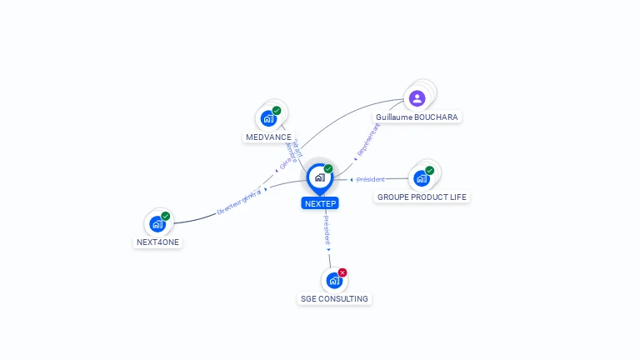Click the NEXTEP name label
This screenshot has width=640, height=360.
click(x=320, y=203)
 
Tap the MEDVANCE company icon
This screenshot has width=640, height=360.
click(x=268, y=118)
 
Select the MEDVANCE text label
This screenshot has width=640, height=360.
click(x=268, y=137)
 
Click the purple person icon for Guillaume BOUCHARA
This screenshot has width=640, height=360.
click(x=417, y=98)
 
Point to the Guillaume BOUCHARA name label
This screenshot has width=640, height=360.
click(x=417, y=117)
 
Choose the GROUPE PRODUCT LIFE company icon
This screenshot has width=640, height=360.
click(x=422, y=178)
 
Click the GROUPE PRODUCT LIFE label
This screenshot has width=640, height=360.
click(x=422, y=197)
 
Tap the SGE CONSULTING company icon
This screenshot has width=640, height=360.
click(x=334, y=280)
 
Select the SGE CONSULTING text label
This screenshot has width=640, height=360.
click(x=334, y=298)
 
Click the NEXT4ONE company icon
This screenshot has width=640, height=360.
click(x=157, y=223)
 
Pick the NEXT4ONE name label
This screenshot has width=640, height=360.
click(x=157, y=242)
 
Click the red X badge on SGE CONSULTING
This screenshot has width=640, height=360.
click(x=342, y=272)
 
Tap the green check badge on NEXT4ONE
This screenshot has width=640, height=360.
click(x=166, y=216)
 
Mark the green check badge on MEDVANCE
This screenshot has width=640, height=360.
click(x=277, y=111)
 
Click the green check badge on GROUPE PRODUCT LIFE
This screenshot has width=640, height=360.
click(x=430, y=171)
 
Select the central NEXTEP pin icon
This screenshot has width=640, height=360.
click(x=319, y=177)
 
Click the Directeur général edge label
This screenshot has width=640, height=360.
click(x=239, y=201)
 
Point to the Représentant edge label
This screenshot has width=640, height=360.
click(x=367, y=139)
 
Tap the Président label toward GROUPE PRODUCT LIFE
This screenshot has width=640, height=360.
click(x=371, y=179)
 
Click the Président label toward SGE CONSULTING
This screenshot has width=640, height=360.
click(x=327, y=230)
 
